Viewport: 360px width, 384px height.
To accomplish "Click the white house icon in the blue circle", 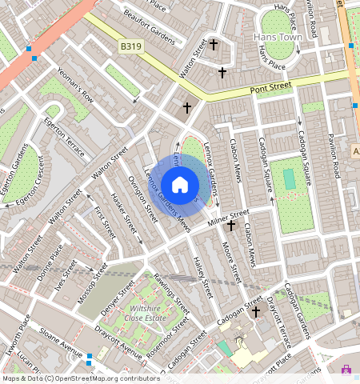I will [180, 185].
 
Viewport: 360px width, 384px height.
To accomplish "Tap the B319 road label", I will [130, 48].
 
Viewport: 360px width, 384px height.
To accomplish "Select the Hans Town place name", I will [274, 37].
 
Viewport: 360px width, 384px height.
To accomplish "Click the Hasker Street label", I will [126, 216].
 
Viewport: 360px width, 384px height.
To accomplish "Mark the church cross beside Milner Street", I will [230, 226].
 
